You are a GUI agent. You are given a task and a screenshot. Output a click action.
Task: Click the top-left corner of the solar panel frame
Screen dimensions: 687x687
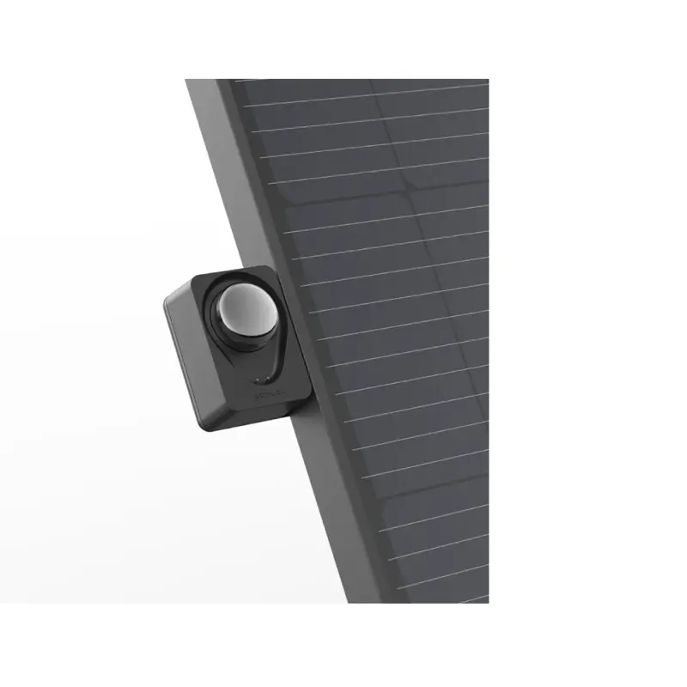pyautogui.click(x=187, y=81)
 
